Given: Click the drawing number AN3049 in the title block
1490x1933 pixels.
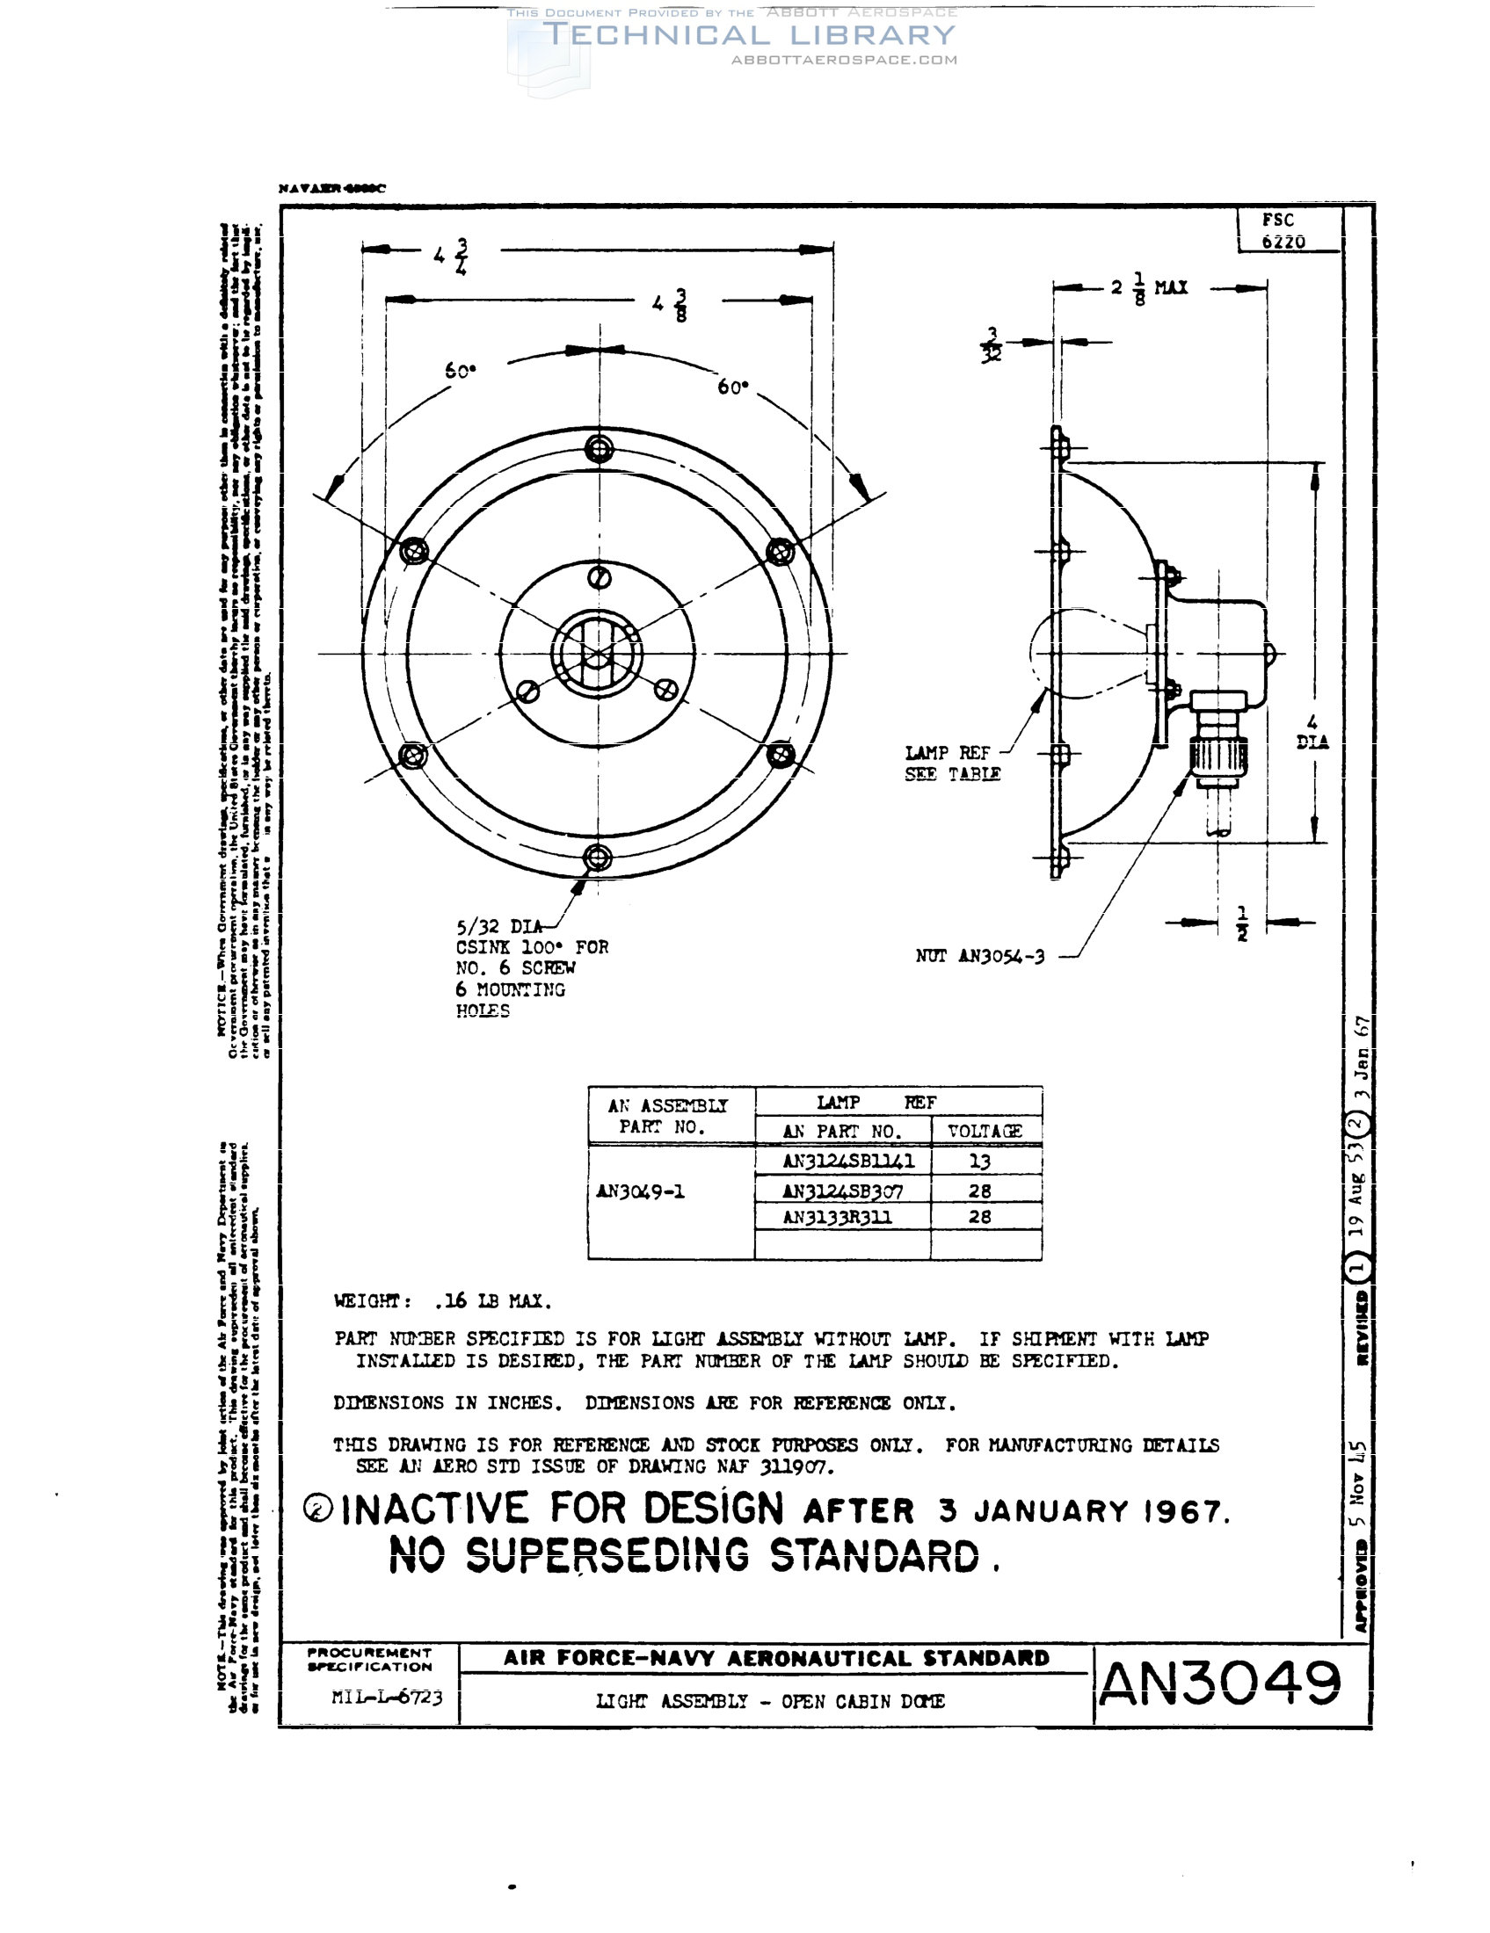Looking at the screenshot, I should [1220, 1683].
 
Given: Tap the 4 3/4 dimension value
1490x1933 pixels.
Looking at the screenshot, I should [452, 256].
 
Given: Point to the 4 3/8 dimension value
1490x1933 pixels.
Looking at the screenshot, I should [670, 305].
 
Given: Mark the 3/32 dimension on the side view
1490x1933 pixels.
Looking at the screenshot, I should [992, 345].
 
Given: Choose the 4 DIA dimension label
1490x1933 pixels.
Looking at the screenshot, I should [1312, 733].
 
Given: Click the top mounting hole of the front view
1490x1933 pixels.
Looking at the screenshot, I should [600, 449].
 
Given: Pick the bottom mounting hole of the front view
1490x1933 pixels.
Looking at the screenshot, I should [599, 858].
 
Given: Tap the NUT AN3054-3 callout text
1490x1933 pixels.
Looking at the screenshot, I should [980, 956].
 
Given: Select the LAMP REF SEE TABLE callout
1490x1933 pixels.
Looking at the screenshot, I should [953, 763].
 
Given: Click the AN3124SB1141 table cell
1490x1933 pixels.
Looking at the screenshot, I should [848, 1161].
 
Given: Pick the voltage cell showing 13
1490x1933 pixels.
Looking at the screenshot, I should [979, 1162].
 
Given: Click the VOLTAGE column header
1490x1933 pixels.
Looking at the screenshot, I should [985, 1131].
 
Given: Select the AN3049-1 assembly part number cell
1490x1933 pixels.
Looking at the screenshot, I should [640, 1191].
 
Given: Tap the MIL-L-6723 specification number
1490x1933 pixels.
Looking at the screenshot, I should [387, 1697].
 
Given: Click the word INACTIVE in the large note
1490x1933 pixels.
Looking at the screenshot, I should [435, 1509].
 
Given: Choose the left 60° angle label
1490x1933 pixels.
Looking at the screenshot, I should [461, 371].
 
